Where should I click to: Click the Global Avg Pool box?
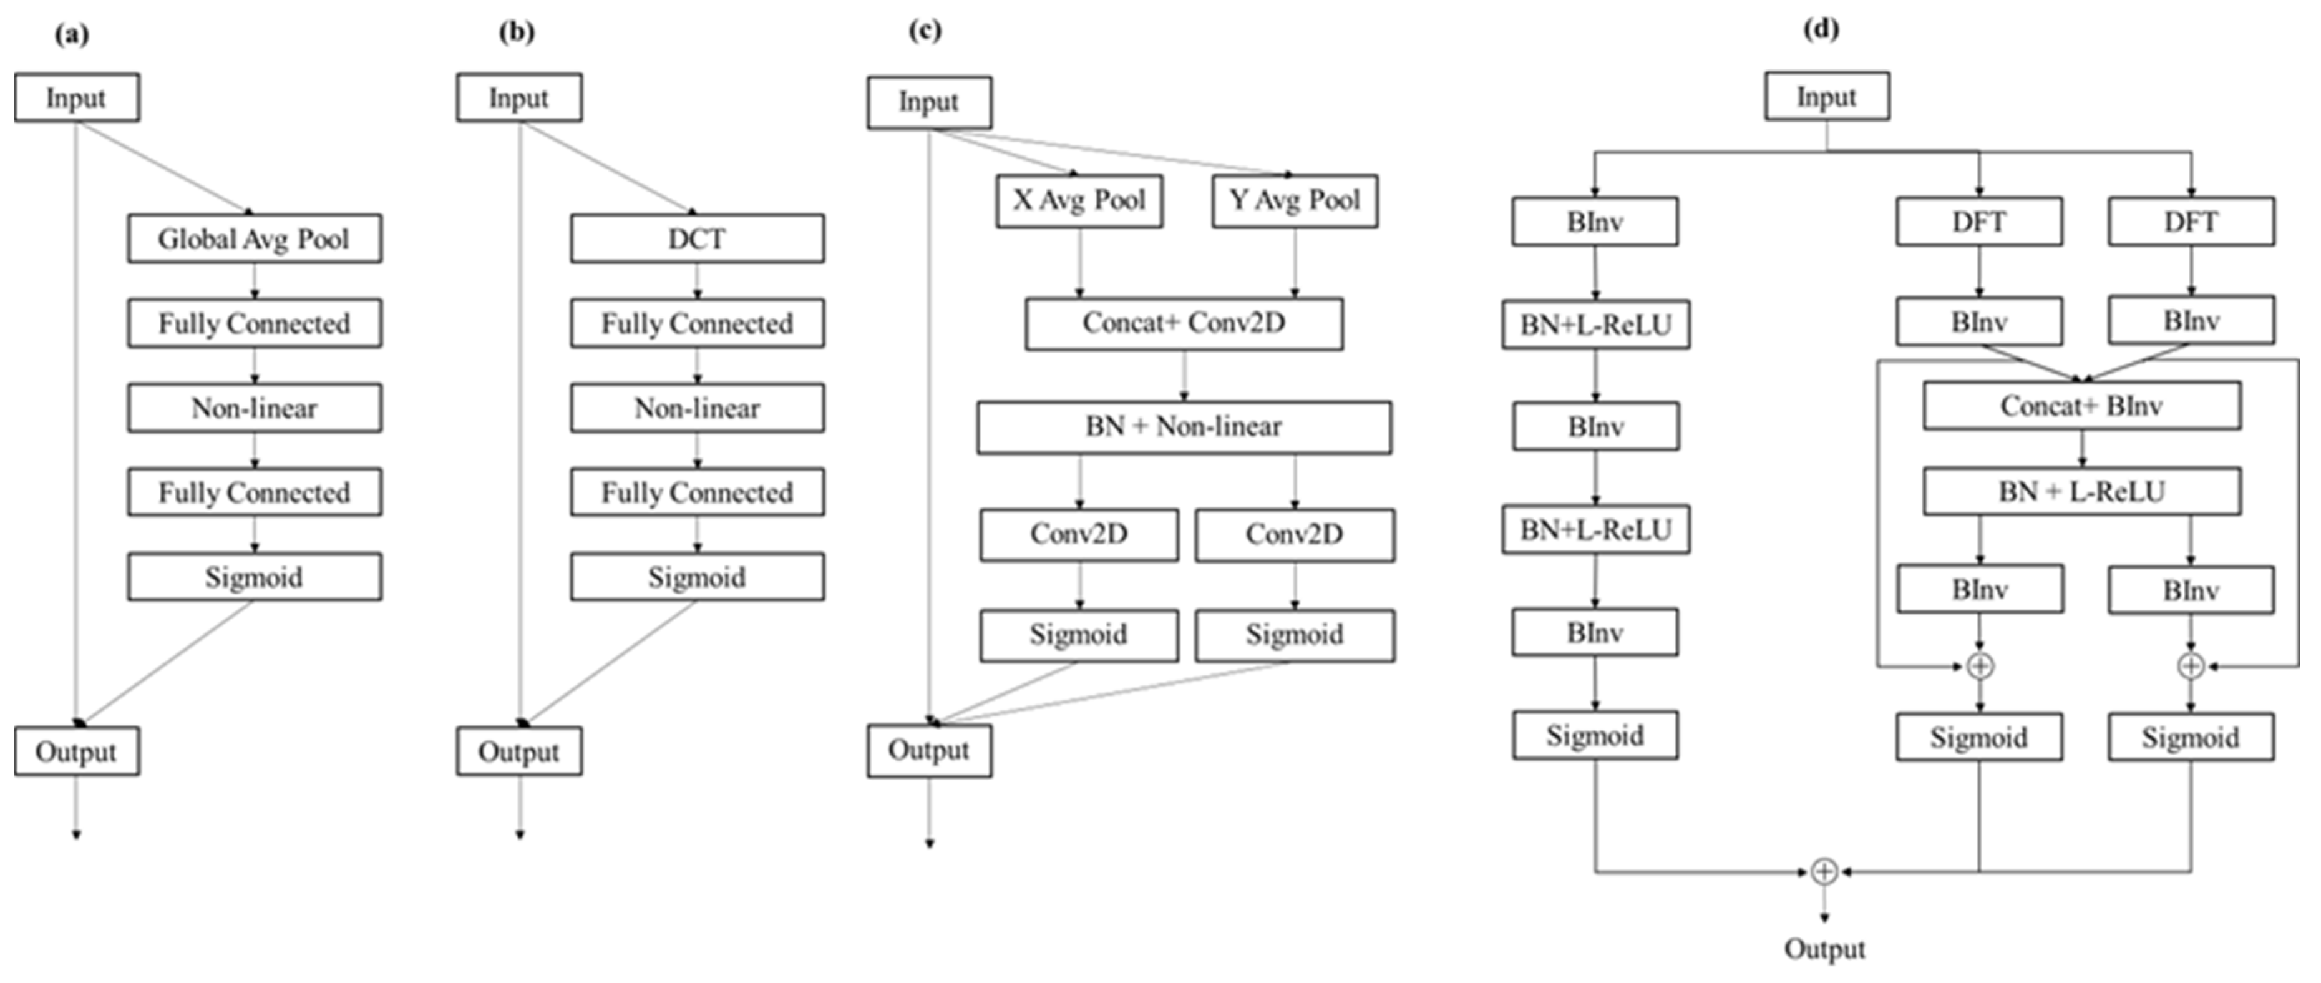(254, 239)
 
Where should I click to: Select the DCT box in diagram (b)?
(696, 239)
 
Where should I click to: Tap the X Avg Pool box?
(1079, 200)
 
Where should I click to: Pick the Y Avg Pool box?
(1294, 200)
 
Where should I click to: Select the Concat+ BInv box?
(2081, 406)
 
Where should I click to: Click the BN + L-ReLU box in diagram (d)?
(2081, 492)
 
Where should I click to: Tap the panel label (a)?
(72, 34)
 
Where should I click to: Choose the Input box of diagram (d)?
(1826, 96)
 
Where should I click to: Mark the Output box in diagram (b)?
(519, 751)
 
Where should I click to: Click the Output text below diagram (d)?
(1824, 949)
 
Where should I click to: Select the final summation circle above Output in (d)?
(1824, 871)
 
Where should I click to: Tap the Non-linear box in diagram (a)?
(254, 408)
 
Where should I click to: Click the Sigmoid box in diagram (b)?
(696, 577)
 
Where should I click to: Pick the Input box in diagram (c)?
(929, 102)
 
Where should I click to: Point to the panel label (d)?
(1821, 29)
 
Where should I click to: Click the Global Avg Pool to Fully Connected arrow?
(255, 281)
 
